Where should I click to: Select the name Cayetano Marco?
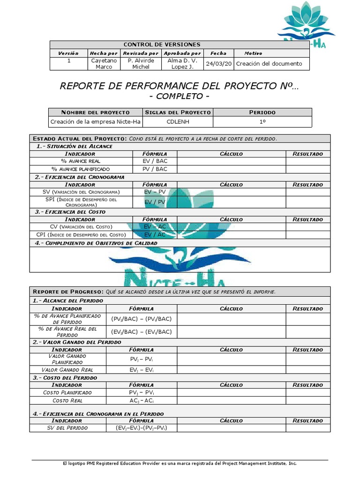(x=104, y=64)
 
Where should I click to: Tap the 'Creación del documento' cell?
(x=270, y=64)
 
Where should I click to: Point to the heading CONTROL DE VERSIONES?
(x=162, y=45)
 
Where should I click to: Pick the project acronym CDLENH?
(x=178, y=122)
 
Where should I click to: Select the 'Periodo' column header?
(x=262, y=112)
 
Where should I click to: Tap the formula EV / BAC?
(x=155, y=161)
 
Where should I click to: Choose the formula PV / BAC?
(x=155, y=169)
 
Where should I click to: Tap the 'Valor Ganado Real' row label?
(x=67, y=370)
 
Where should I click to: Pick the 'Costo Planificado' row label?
(x=67, y=392)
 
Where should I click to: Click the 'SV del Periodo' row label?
(x=67, y=428)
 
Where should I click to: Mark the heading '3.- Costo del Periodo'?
(x=65, y=377)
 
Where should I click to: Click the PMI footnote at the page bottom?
(x=180, y=463)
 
